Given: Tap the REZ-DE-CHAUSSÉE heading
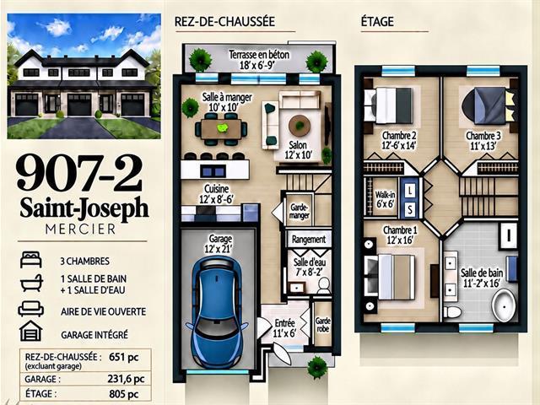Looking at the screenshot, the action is click(x=224, y=21).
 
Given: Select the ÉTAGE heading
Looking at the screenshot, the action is click(x=377, y=21).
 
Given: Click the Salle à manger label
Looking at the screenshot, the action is click(x=227, y=102).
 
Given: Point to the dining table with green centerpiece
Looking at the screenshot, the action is click(x=221, y=129).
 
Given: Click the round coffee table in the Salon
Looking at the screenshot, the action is click(x=300, y=126).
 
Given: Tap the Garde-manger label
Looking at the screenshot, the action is click(x=300, y=212).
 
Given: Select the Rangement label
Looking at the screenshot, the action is click(x=309, y=239).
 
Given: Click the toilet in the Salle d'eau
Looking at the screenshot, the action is click(x=323, y=286).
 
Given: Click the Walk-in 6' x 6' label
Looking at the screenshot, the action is click(x=385, y=199).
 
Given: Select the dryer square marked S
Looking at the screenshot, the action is click(x=410, y=208).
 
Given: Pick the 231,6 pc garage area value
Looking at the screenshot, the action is click(x=126, y=379).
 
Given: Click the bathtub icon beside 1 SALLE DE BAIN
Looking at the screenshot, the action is click(x=31, y=283).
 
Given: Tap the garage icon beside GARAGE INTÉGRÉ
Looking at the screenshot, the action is click(x=31, y=331).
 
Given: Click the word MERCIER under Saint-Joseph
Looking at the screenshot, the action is click(x=81, y=229).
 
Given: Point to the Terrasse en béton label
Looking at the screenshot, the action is click(x=259, y=60).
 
